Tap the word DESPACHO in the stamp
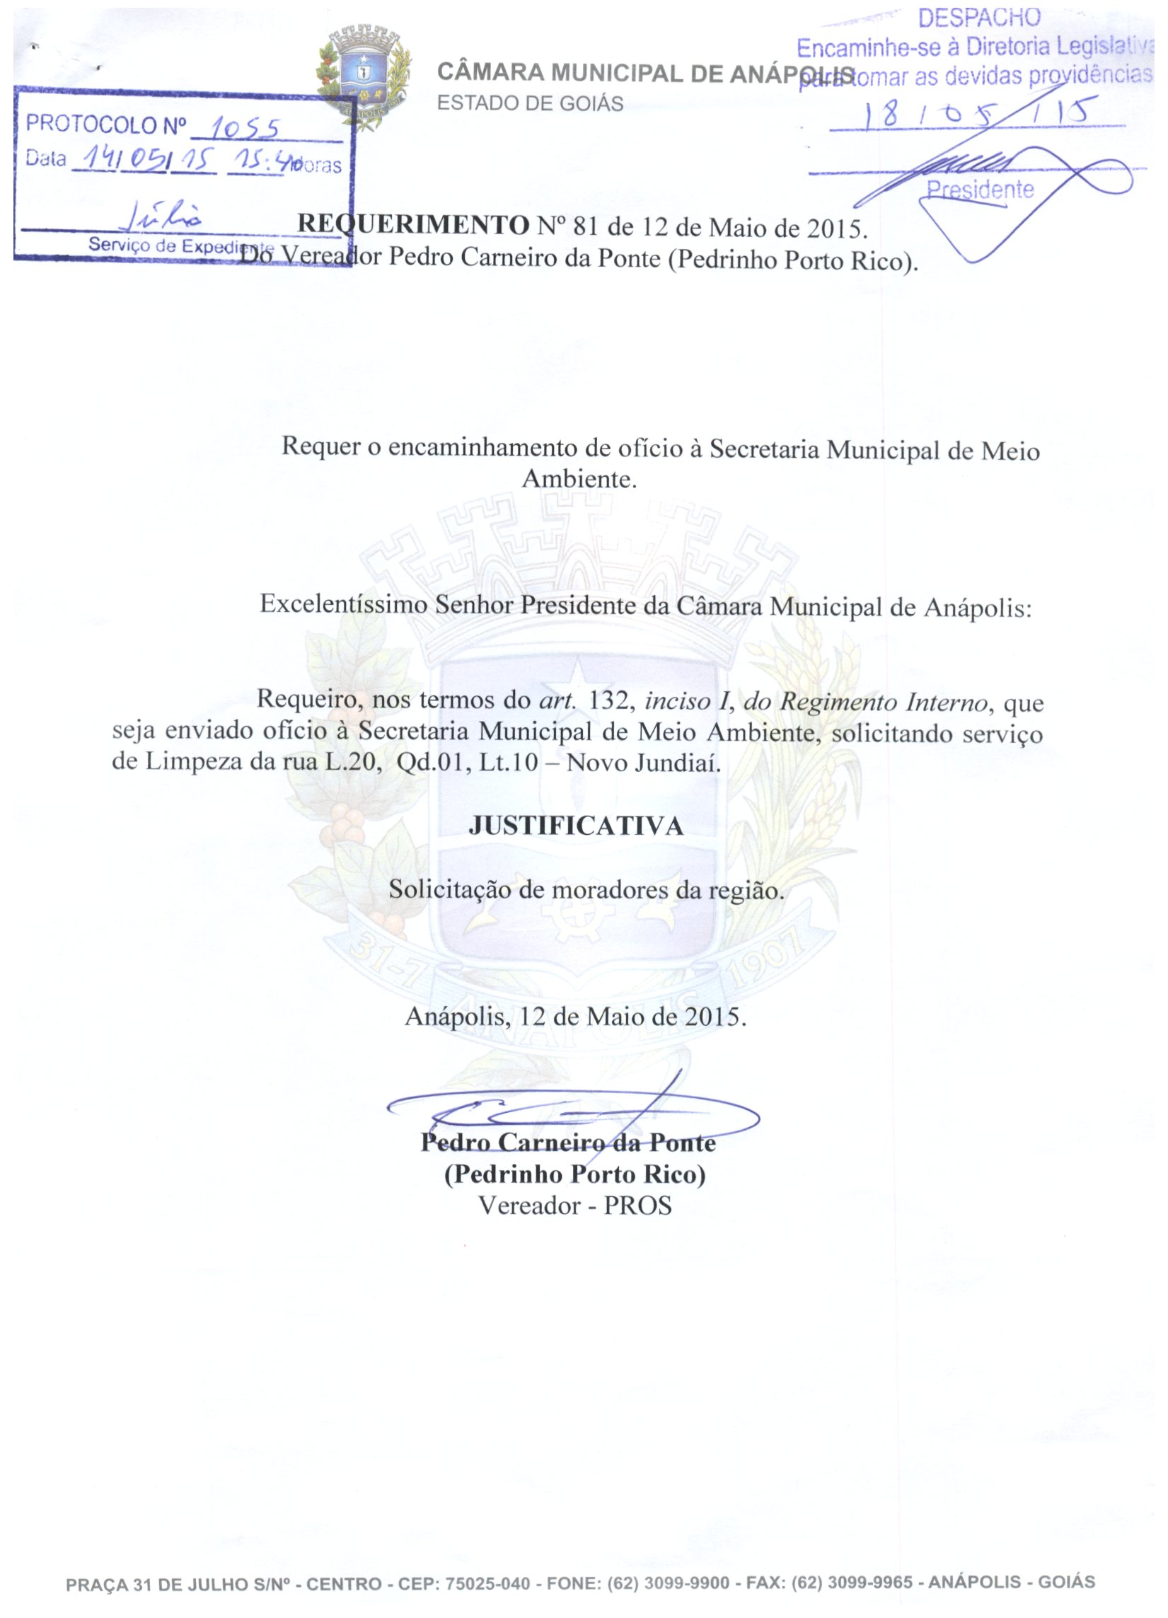pyautogui.click(x=979, y=18)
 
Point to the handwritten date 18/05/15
pyautogui.click(x=978, y=112)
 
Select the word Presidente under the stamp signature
pyautogui.click(x=980, y=190)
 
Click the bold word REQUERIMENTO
pyautogui.click(x=412, y=225)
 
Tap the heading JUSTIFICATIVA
pyautogui.click(x=576, y=826)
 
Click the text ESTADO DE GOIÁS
pyautogui.click(x=530, y=104)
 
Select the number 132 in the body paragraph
pyautogui.click(x=608, y=700)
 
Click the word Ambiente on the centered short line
pyautogui.click(x=579, y=479)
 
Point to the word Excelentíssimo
pyautogui.click(x=344, y=605)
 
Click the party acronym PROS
pyautogui.click(x=638, y=1206)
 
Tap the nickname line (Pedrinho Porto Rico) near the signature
pyautogui.click(x=575, y=1174)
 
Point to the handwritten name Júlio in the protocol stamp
pyautogui.click(x=166, y=214)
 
